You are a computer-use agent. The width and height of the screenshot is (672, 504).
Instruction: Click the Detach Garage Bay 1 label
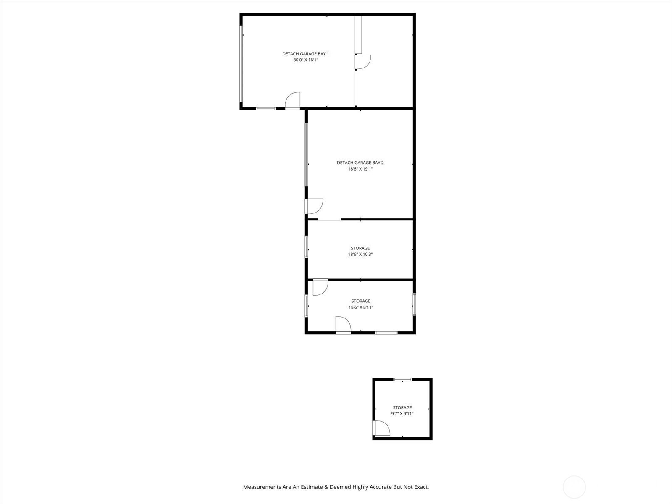click(x=305, y=54)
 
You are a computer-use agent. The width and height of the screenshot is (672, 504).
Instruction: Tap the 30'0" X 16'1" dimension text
click(x=305, y=60)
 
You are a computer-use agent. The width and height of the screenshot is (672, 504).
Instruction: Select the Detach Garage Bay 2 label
click(x=360, y=163)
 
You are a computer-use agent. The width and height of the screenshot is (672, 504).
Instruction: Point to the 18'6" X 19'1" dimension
click(x=360, y=169)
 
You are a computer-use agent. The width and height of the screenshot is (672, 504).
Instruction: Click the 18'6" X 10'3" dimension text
click(x=360, y=254)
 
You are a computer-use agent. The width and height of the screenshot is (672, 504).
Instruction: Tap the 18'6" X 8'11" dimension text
click(x=361, y=307)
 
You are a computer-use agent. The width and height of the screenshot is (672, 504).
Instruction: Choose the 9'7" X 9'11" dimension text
click(x=402, y=414)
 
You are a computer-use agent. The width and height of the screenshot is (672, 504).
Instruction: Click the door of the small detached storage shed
click(x=381, y=428)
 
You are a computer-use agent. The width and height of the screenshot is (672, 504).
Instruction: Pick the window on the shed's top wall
click(x=403, y=380)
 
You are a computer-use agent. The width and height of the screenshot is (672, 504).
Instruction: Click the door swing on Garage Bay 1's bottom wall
click(x=293, y=100)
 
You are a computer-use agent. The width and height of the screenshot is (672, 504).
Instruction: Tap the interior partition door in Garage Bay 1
click(x=363, y=62)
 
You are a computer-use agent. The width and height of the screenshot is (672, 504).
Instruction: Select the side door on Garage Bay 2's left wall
click(x=314, y=206)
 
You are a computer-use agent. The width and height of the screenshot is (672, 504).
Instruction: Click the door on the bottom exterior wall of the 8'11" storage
click(x=343, y=325)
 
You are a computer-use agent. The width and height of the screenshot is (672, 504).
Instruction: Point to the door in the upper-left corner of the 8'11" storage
click(x=320, y=287)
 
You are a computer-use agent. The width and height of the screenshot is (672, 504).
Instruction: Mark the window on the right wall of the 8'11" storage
click(x=414, y=304)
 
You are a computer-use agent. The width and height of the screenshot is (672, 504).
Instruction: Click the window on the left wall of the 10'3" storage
click(x=307, y=247)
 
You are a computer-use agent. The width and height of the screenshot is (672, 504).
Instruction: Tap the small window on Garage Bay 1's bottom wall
click(x=266, y=108)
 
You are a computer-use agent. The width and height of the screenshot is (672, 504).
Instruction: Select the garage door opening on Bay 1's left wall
click(x=241, y=64)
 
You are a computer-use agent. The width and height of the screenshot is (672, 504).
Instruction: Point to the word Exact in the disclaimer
click(x=422, y=487)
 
